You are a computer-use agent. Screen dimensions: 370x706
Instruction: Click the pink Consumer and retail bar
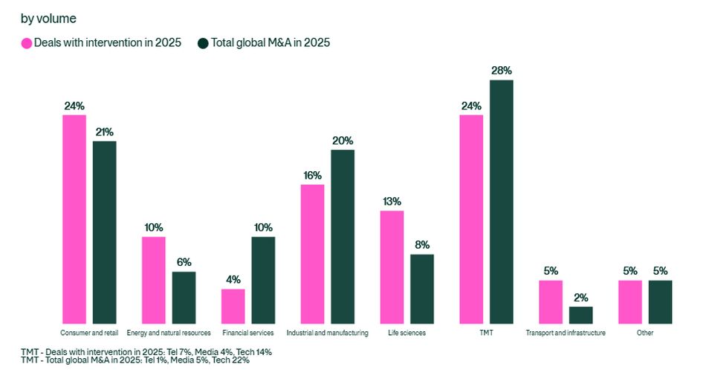(x=74, y=220)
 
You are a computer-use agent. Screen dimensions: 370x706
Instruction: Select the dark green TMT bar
(x=502, y=202)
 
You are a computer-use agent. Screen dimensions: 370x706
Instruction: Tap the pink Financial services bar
(x=233, y=307)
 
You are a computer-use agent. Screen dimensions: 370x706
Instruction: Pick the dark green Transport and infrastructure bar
(x=581, y=316)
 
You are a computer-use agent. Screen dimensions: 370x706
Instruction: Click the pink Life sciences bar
(x=392, y=267)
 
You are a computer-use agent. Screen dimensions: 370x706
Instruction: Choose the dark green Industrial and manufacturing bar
(x=343, y=237)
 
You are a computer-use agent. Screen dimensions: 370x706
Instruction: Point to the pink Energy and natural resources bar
(x=154, y=281)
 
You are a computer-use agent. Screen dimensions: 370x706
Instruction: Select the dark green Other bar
(x=660, y=302)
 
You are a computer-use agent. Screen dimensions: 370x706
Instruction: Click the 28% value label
(x=501, y=70)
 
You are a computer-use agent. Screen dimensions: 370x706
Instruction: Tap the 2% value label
(x=581, y=297)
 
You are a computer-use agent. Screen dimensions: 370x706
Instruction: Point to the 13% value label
(x=392, y=201)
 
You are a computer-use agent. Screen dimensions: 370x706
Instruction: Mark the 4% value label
(x=233, y=279)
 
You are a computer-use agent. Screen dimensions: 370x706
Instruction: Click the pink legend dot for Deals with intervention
(x=26, y=43)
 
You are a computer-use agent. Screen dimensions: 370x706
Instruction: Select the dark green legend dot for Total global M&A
(x=203, y=43)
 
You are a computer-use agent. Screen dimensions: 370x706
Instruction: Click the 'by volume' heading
(x=48, y=18)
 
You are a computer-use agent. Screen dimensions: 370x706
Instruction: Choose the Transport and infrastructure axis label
(x=566, y=333)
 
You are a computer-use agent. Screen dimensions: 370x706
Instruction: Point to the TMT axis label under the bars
(x=487, y=333)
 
